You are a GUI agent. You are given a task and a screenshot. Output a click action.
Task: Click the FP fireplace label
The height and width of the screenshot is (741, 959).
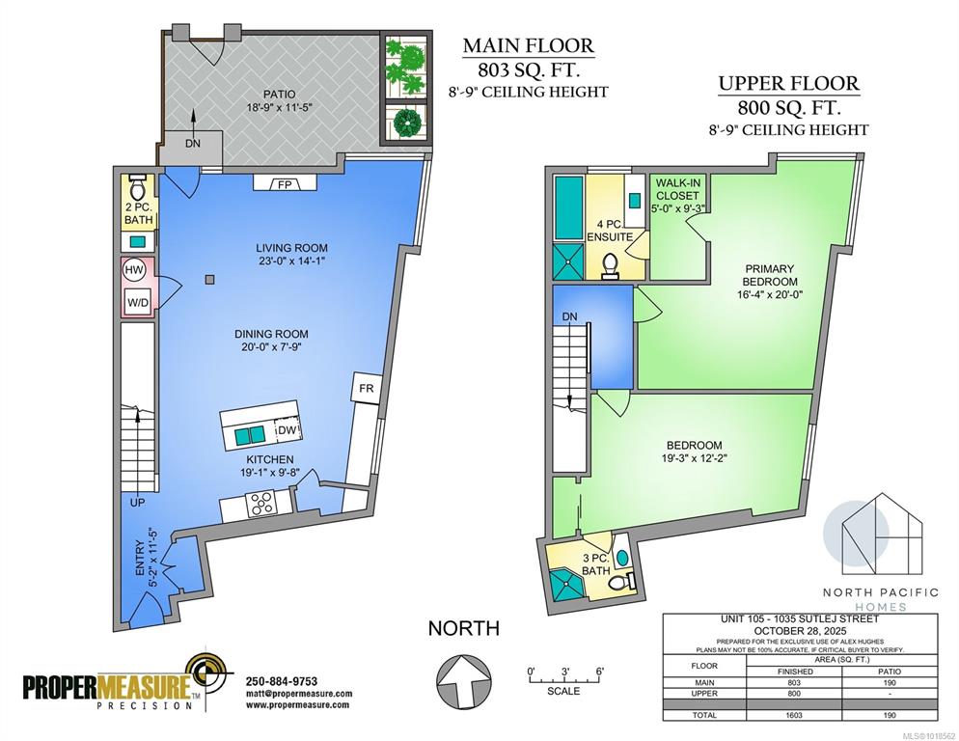pos(285,184)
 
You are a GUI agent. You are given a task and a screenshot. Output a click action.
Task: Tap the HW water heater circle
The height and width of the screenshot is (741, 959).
pos(134,270)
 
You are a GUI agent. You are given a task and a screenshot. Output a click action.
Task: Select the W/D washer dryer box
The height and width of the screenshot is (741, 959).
pos(138,302)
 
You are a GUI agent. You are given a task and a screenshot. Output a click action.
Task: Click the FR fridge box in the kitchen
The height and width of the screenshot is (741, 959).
pos(366,389)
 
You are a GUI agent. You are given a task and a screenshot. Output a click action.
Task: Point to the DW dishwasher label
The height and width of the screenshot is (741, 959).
pos(287,430)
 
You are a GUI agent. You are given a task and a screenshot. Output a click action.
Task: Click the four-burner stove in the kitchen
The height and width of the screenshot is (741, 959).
pos(261,505)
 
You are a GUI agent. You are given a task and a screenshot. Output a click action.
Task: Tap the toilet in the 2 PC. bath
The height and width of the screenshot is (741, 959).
pos(138,185)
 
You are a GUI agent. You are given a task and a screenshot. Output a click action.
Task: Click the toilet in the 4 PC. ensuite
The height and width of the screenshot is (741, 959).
pos(610,265)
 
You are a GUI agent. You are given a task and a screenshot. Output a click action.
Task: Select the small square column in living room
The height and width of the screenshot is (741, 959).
pos(209,280)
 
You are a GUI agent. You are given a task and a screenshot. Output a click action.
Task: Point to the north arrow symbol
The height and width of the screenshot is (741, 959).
pos(464,680)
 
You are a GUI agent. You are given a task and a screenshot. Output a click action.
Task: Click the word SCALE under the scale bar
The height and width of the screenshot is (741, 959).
pos(563,691)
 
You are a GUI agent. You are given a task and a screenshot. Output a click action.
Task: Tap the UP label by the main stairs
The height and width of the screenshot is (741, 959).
pos(138,503)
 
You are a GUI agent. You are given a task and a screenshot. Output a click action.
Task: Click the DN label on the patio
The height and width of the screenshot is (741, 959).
pos(193,144)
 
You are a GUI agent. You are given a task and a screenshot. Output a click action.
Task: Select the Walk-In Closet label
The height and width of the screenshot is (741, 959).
pos(677,189)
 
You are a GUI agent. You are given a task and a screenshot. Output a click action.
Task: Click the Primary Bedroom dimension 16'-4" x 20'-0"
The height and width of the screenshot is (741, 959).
pos(769,294)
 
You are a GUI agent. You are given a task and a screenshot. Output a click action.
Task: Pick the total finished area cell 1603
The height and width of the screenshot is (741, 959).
pos(794,715)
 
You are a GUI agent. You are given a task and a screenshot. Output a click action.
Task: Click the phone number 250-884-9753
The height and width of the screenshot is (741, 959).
pos(282,681)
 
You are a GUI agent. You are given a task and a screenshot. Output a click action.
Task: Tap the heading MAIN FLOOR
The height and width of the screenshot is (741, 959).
pos(529,45)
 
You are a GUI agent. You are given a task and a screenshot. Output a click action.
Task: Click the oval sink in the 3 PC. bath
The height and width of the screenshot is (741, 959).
pos(622,558)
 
